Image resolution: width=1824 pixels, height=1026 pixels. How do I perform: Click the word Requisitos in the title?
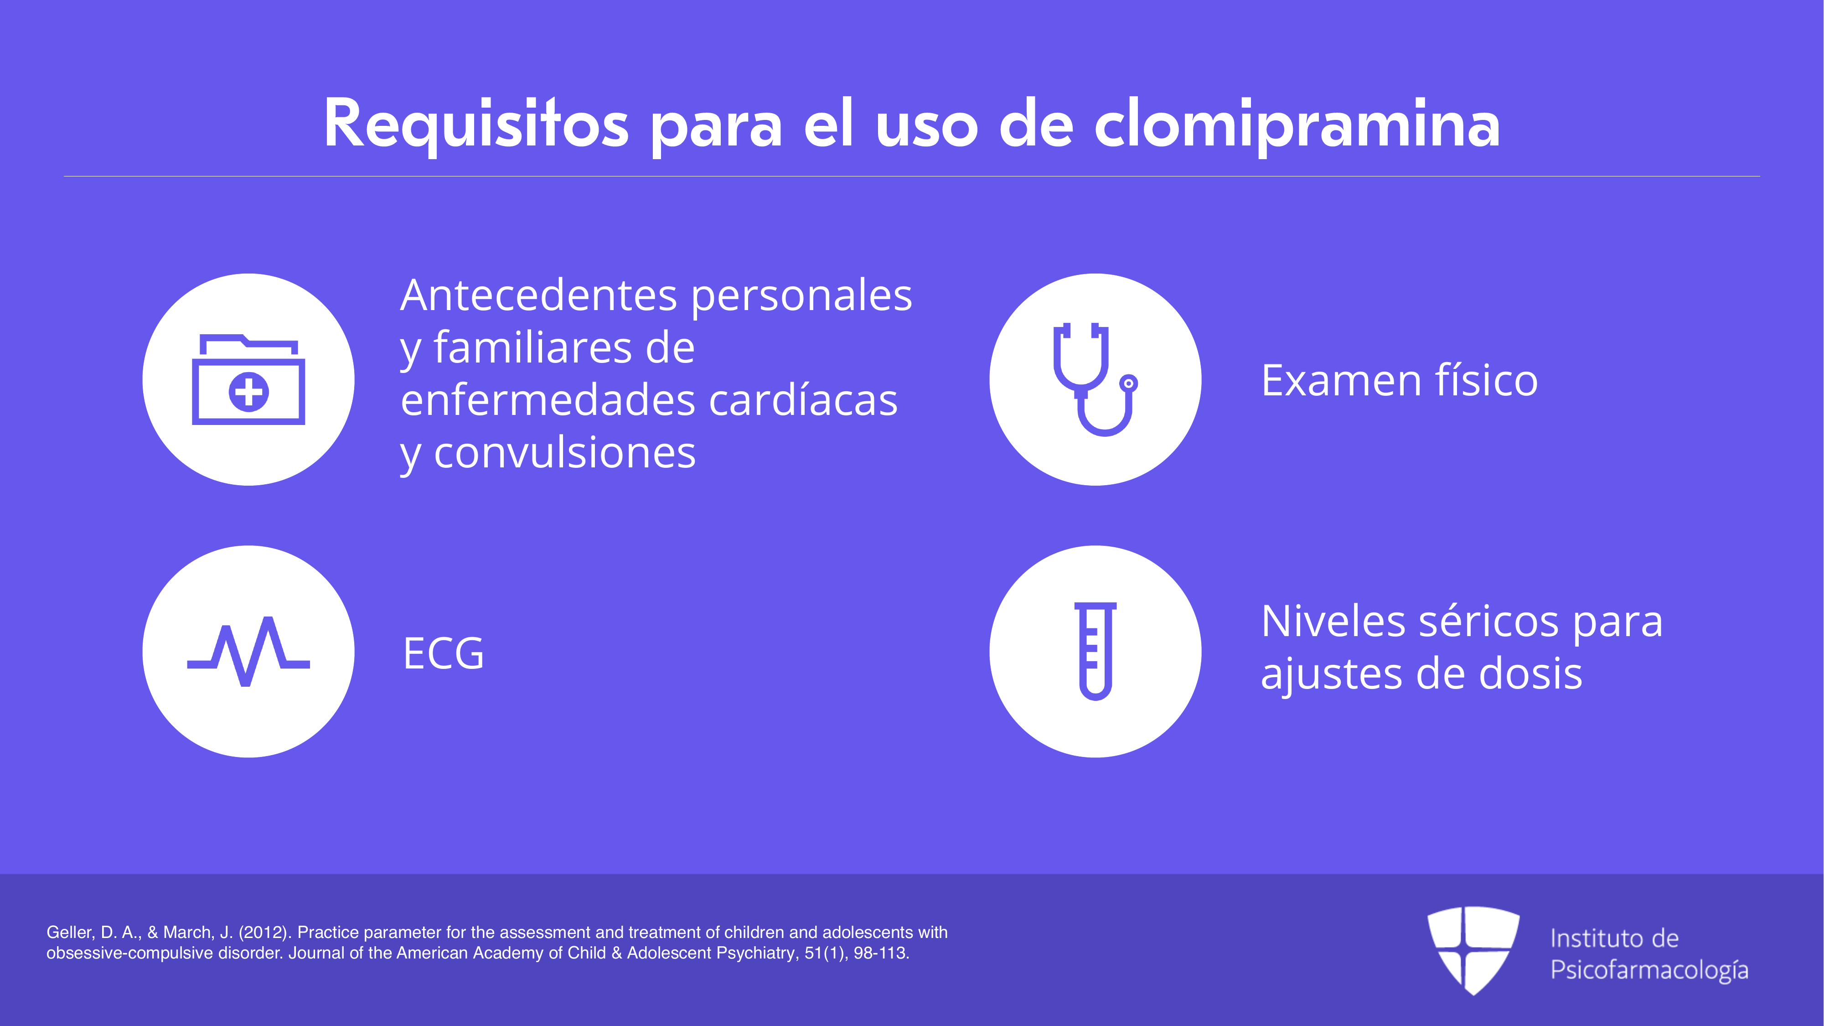(476, 124)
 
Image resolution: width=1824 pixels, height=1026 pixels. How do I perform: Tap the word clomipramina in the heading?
(1297, 124)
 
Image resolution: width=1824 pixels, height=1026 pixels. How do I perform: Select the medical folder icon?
(248, 379)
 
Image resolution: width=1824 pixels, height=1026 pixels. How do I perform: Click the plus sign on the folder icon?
(248, 392)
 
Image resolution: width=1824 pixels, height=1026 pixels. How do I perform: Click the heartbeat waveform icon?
(248, 652)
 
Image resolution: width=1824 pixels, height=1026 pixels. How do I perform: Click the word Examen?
(1340, 381)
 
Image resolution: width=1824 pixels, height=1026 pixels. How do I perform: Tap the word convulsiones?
(564, 453)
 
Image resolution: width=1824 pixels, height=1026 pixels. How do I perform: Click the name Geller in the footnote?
(69, 933)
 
